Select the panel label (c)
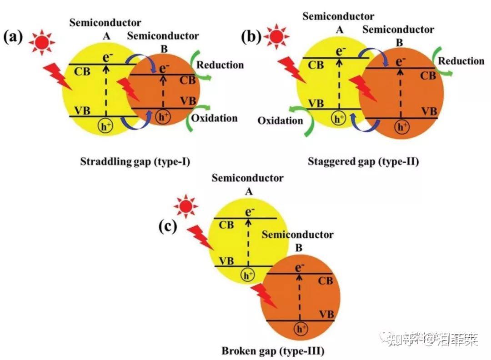(167, 226)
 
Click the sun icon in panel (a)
(41, 42)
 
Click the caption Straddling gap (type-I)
(135, 161)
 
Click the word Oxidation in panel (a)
(214, 118)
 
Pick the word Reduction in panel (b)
(461, 61)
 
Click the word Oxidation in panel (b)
(280, 120)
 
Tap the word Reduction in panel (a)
(220, 65)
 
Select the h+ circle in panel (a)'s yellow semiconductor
(105, 127)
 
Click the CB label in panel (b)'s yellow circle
(316, 65)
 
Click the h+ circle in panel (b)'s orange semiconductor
(401, 127)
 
